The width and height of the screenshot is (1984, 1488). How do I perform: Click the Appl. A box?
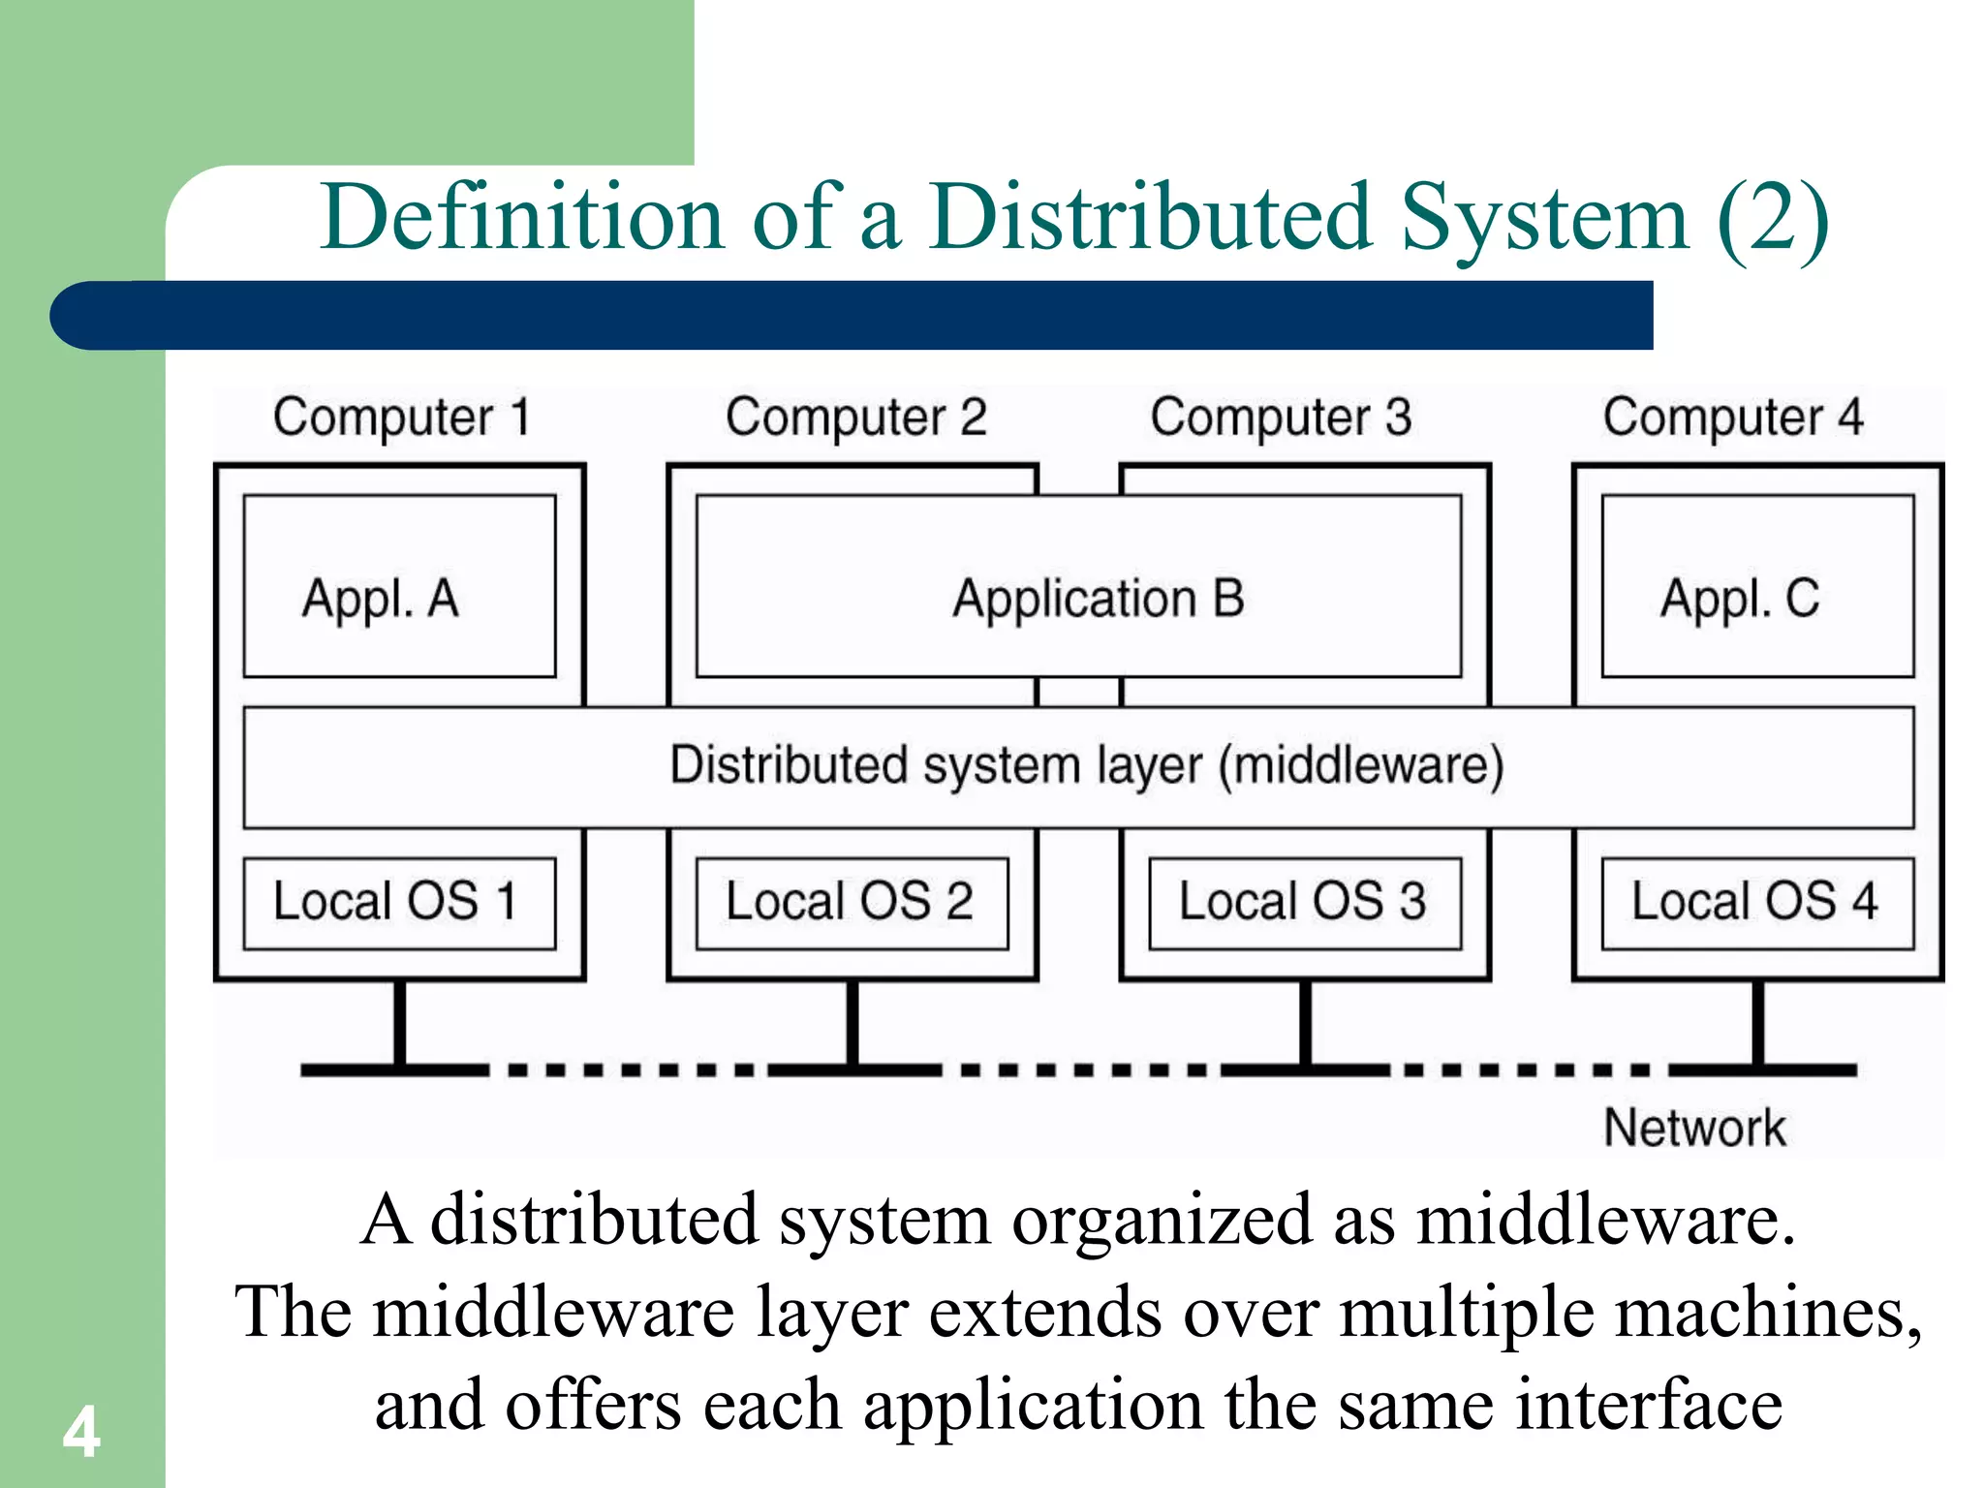point(399,586)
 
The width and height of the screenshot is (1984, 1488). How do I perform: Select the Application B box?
point(1078,586)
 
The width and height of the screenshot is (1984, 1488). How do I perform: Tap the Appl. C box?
point(1757,586)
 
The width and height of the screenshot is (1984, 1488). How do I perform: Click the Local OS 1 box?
point(399,903)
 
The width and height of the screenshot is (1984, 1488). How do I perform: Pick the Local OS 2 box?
point(852,903)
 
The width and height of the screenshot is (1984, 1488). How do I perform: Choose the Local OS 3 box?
point(1304,903)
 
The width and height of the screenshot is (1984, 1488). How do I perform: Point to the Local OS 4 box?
point(1757,903)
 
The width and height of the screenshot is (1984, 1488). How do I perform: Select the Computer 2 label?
point(855,418)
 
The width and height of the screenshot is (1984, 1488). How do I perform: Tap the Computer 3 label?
point(1281,418)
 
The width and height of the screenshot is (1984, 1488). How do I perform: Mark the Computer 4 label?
point(1733,418)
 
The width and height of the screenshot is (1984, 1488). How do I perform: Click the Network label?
point(1694,1128)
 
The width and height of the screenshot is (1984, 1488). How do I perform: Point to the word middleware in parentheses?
point(1361,765)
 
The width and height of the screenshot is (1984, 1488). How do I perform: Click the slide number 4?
point(81,1433)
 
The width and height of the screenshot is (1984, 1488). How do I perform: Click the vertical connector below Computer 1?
point(399,1023)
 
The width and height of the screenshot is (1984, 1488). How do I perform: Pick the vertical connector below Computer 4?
point(1757,1023)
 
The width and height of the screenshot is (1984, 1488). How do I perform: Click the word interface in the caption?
point(1648,1405)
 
